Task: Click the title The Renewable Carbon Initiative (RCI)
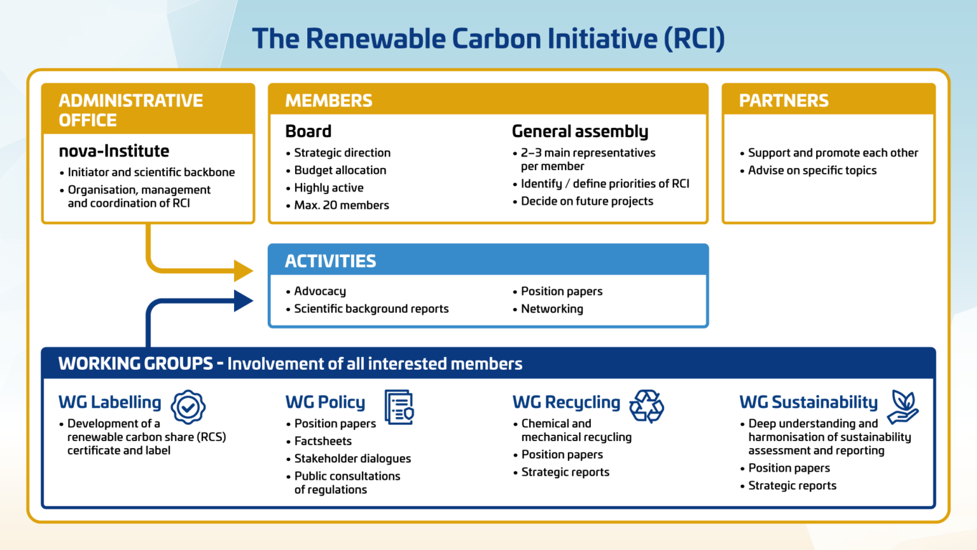[x=488, y=38]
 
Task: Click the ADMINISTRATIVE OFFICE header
[x=130, y=109]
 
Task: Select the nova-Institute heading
[x=114, y=151]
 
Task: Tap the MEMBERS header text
[x=328, y=101]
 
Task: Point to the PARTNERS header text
[x=783, y=101]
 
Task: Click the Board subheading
[x=308, y=131]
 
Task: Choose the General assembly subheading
[x=579, y=131]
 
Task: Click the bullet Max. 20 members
[x=341, y=205]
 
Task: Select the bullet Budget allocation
[x=340, y=170]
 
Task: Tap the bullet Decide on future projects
[x=586, y=201]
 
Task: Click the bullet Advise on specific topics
[x=812, y=170]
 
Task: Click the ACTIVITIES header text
[x=330, y=261]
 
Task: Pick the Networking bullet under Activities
[x=551, y=309]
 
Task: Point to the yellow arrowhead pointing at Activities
[x=242, y=271]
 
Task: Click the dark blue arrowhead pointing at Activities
[x=242, y=300]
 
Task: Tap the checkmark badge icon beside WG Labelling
[x=188, y=407]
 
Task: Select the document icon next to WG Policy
[x=399, y=407]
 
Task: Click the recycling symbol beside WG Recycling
[x=646, y=406]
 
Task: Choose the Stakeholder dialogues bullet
[x=352, y=458]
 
